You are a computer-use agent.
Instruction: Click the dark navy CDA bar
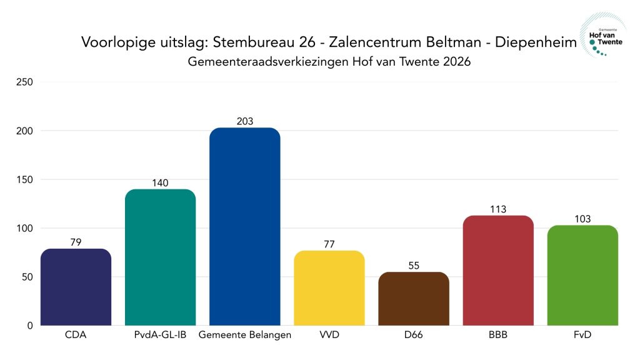point(76,287)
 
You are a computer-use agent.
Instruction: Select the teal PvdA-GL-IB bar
point(160,257)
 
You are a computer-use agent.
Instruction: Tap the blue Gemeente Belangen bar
point(244,226)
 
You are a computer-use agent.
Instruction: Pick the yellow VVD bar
point(329,288)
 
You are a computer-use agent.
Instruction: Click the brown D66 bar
point(413,299)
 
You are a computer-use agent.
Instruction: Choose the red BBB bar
point(497,271)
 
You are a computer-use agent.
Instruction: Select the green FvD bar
point(582,276)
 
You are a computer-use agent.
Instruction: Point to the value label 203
point(244,121)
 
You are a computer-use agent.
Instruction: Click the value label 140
point(160,183)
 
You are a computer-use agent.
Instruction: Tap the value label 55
point(413,266)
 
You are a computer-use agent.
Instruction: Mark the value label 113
point(497,209)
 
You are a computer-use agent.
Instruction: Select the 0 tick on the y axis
point(30,326)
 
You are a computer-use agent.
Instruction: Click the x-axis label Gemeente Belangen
point(244,336)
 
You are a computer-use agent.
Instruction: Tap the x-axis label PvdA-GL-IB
point(160,336)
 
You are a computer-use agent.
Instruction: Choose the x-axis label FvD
point(582,336)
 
